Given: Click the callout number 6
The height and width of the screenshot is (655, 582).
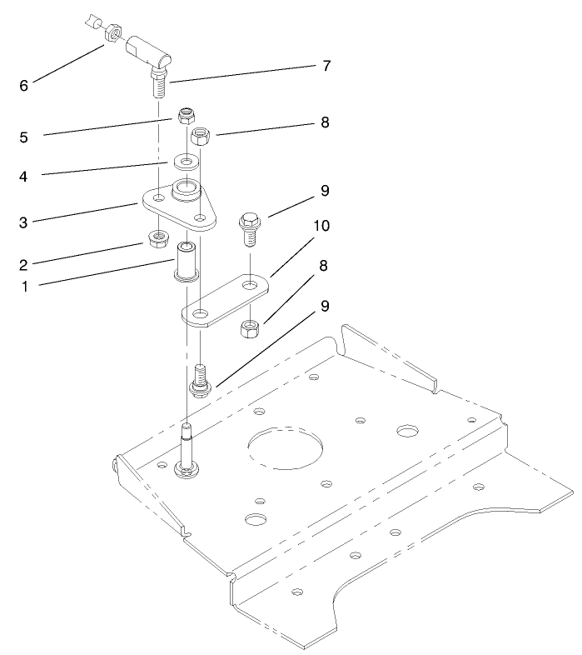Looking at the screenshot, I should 23,84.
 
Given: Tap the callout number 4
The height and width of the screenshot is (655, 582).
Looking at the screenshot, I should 23,176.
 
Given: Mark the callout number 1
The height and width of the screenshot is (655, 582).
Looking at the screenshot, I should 23,286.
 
